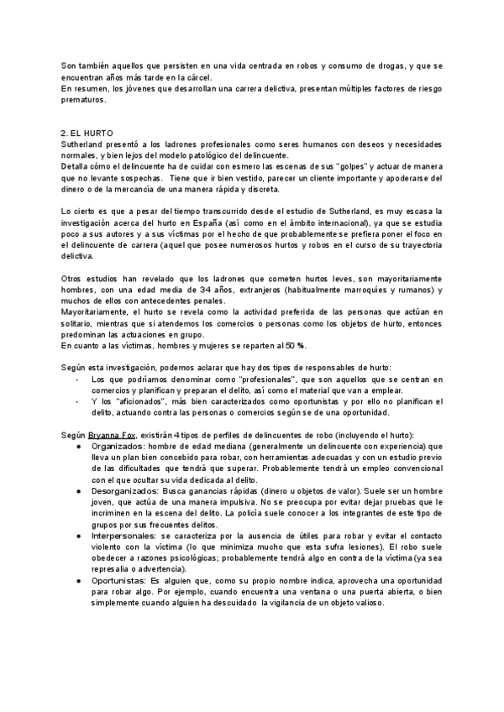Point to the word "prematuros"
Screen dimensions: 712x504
tap(84, 100)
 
